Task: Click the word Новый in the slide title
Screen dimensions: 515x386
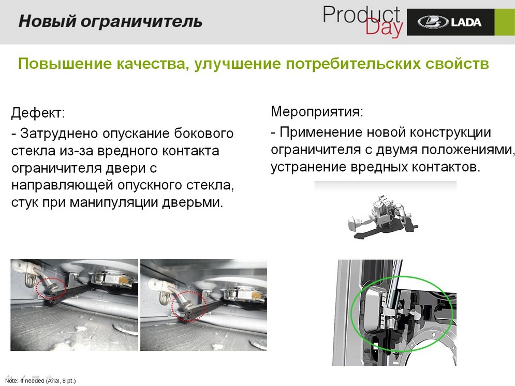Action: coord(47,21)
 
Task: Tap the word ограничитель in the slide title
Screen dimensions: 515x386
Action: coord(141,22)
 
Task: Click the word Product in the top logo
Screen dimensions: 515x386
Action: coord(361,15)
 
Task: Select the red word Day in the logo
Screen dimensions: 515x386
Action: coord(384,27)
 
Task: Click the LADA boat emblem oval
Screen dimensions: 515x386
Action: coord(433,22)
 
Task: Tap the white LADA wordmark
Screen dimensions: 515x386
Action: coord(466,22)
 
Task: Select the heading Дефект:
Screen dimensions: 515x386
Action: coord(38,113)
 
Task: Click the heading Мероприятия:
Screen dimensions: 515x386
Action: coord(317,112)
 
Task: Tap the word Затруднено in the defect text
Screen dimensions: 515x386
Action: coord(59,133)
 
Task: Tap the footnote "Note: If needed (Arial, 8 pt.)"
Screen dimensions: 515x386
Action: coord(40,381)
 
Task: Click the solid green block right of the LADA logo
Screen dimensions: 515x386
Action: coord(505,22)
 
